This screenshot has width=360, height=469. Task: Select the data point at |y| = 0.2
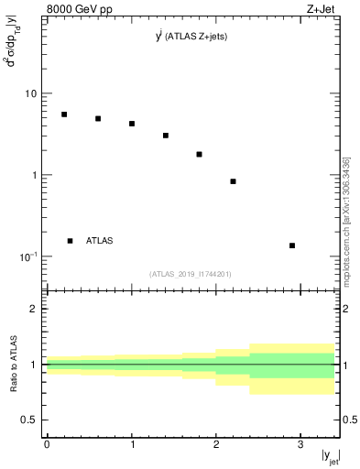pyautogui.click(x=64, y=115)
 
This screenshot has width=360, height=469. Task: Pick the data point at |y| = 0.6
pyautogui.click(x=98, y=118)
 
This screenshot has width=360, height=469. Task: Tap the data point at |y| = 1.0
pyautogui.click(x=132, y=124)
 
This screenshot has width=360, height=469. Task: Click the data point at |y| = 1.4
pyautogui.click(x=166, y=136)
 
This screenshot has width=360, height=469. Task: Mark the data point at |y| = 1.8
pyautogui.click(x=199, y=154)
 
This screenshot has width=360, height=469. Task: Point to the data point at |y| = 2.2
pyautogui.click(x=234, y=181)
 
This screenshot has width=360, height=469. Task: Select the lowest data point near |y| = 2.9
pyautogui.click(x=292, y=245)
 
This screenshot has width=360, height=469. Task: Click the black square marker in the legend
pyautogui.click(x=70, y=241)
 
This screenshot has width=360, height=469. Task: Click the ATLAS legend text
pyautogui.click(x=99, y=241)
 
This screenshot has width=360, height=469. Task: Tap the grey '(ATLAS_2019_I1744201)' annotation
pyautogui.click(x=191, y=273)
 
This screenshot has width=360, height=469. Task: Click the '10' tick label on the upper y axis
pyautogui.click(x=31, y=93)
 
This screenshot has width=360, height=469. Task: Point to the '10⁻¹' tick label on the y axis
pyautogui.click(x=27, y=256)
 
